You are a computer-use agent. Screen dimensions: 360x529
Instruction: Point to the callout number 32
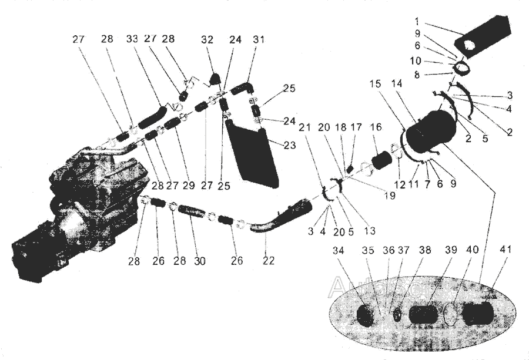click(x=207, y=40)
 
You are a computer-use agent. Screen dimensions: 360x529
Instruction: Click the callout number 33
click(x=132, y=40)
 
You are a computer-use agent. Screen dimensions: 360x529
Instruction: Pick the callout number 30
click(x=199, y=261)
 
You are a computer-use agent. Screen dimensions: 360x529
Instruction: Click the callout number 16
click(x=376, y=127)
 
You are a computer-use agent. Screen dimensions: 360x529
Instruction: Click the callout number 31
click(x=259, y=40)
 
